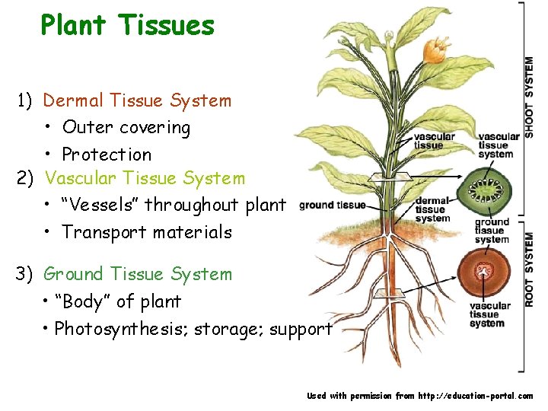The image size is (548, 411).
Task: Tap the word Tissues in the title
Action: click(x=167, y=25)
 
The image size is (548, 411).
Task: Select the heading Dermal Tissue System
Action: click(x=137, y=100)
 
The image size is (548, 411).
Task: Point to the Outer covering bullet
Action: click(x=126, y=127)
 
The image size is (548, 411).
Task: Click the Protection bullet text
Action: click(x=107, y=155)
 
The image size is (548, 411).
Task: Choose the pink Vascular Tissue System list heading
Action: click(x=145, y=179)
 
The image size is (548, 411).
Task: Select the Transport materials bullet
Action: click(x=147, y=232)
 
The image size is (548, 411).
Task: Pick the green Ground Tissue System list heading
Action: click(x=138, y=274)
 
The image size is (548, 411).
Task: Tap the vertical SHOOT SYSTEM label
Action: click(x=528, y=97)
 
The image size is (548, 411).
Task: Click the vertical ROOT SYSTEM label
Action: click(x=528, y=269)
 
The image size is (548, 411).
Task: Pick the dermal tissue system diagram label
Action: click(x=432, y=210)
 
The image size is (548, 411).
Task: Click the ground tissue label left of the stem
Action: click(x=332, y=205)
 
